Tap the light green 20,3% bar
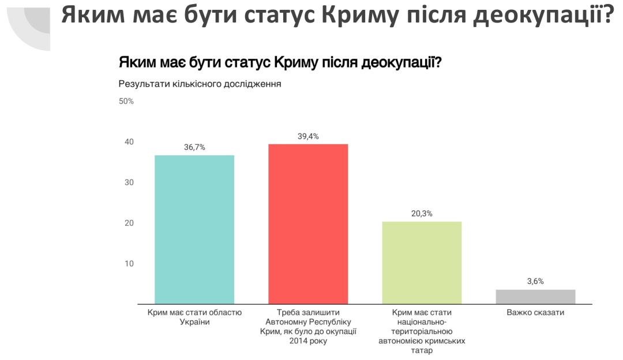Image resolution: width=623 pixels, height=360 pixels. coord(422,262)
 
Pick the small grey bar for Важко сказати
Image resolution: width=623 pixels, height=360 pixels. coord(535,297)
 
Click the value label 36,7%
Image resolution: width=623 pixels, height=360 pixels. coord(194,147)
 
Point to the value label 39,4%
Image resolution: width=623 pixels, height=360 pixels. coord(308,136)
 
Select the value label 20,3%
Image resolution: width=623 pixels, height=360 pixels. coord(422,213)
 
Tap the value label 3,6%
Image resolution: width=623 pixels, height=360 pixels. coord(535,282)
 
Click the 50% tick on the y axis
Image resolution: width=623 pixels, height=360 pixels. coord(126,102)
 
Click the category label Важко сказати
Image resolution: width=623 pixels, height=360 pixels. coord(535,313)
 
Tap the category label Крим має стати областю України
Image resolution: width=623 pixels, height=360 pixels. coord(194,317)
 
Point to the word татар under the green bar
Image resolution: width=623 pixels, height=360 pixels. coord(422,350)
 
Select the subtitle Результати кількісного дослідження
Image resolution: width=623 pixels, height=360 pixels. coord(200,84)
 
